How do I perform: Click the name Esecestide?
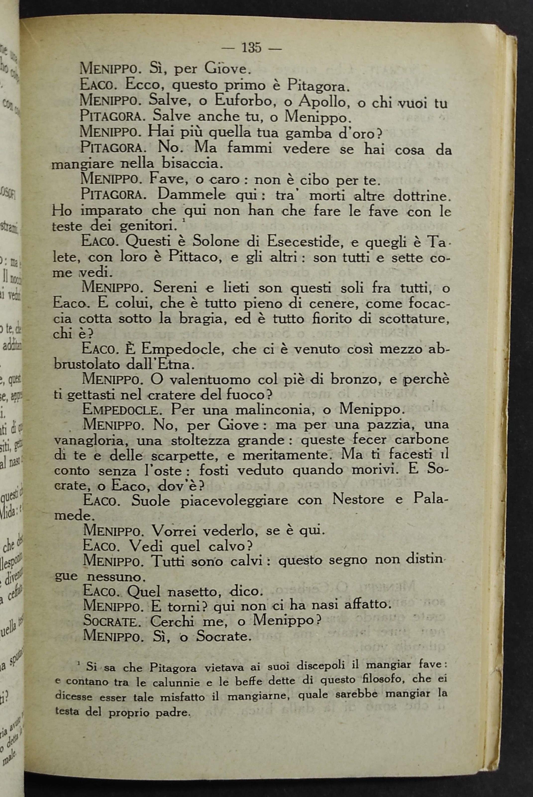(x=306, y=242)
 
